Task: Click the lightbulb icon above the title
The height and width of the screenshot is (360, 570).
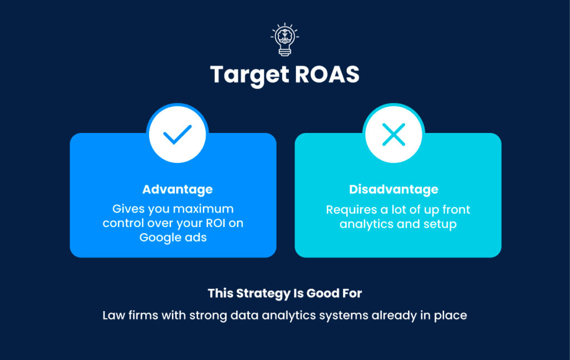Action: [x=284, y=39]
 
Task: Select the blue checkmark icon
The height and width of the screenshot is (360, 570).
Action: [x=177, y=135]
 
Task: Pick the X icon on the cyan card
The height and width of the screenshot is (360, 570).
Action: [x=394, y=135]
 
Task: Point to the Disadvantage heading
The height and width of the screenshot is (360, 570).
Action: [x=394, y=189]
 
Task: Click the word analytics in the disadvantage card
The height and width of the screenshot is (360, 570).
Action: [x=366, y=224]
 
